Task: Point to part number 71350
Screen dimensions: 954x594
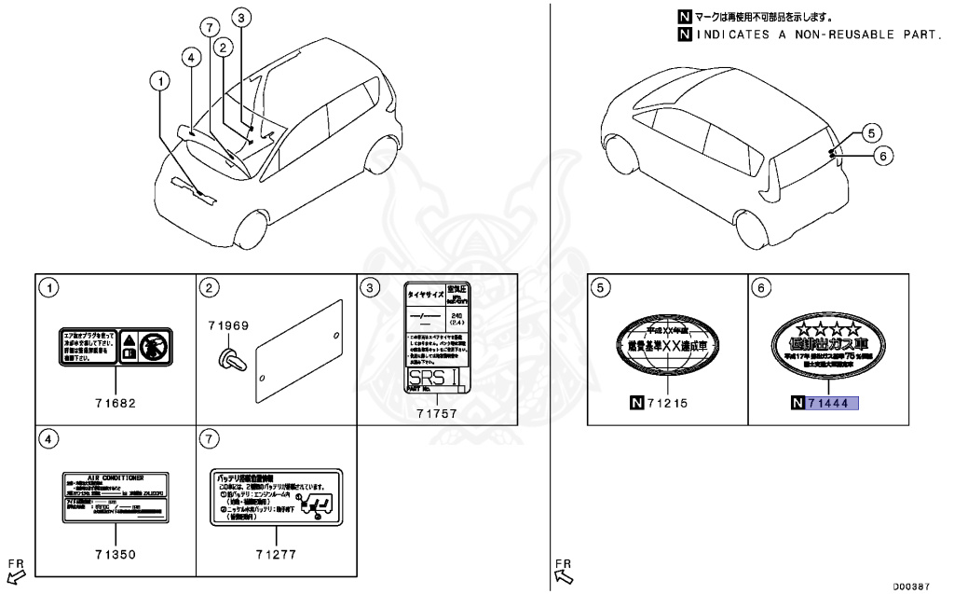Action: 115,554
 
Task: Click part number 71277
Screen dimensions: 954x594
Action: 277,554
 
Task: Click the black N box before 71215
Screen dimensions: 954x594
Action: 637,403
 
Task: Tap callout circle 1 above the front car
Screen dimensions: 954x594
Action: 163,81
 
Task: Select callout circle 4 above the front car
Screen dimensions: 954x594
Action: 190,57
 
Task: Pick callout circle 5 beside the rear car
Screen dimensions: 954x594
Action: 869,132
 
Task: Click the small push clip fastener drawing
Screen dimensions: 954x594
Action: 226,357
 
